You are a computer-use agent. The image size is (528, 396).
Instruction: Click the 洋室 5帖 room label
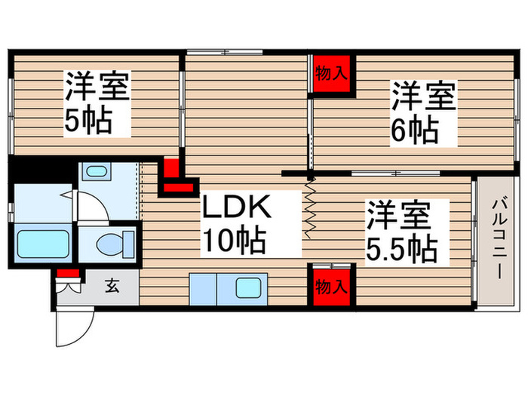click(96, 103)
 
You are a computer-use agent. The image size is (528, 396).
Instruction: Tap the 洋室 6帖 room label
click(422, 114)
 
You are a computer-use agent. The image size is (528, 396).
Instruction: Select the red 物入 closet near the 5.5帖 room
click(333, 287)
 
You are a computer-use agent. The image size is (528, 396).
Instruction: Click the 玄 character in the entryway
click(112, 285)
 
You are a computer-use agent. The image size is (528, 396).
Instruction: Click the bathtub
click(44, 244)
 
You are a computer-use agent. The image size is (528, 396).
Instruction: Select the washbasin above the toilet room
click(96, 171)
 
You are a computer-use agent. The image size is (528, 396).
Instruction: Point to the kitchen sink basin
click(248, 288)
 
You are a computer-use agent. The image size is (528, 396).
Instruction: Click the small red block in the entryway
click(69, 273)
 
